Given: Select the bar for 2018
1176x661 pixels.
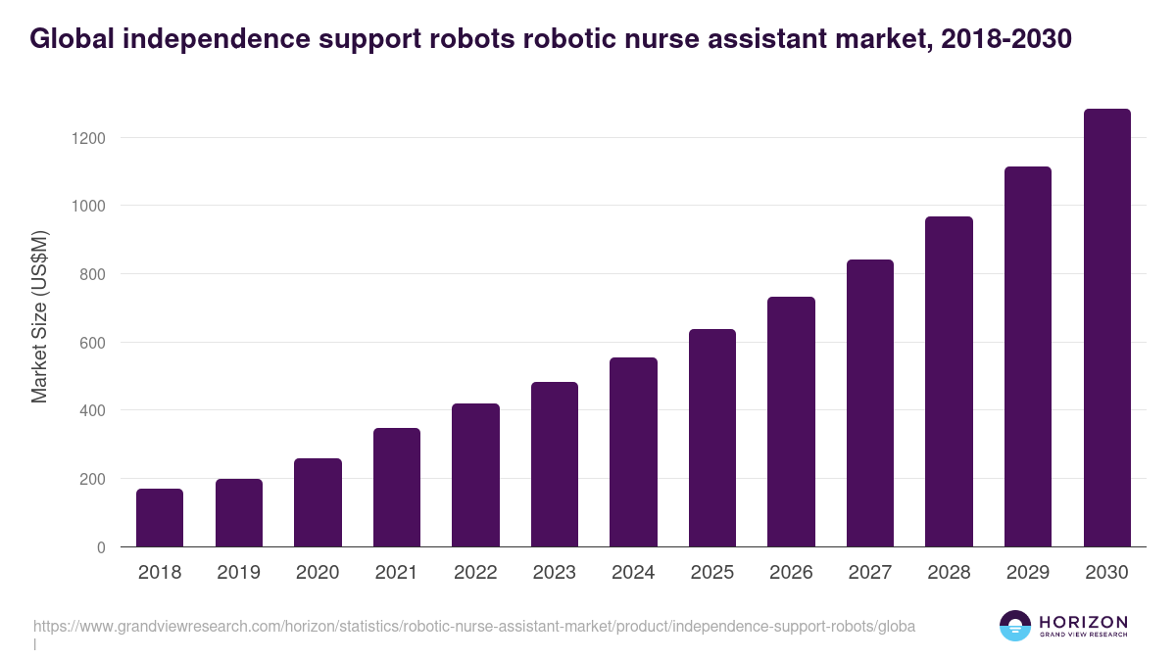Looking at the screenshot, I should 160,518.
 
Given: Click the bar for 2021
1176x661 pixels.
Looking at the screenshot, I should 396,488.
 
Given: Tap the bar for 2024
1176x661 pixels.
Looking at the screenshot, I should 633,452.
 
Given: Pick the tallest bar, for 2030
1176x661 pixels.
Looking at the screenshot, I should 1106,328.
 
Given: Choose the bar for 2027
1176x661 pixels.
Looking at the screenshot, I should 870,403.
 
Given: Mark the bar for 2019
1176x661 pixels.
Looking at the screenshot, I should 239,513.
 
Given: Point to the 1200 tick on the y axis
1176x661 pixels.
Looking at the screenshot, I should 88,138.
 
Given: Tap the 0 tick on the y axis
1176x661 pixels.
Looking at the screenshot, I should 101,547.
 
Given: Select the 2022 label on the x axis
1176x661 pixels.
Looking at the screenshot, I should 475,573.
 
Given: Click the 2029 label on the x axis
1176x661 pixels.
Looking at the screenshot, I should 1028,573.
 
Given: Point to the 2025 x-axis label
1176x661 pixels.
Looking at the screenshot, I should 712,573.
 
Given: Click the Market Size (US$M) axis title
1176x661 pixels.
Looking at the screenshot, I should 39,315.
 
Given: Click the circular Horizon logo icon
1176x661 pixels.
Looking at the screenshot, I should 1015,626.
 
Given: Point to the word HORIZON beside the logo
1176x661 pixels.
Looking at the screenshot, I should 1083,621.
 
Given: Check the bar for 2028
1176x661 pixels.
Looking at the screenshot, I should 949,382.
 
